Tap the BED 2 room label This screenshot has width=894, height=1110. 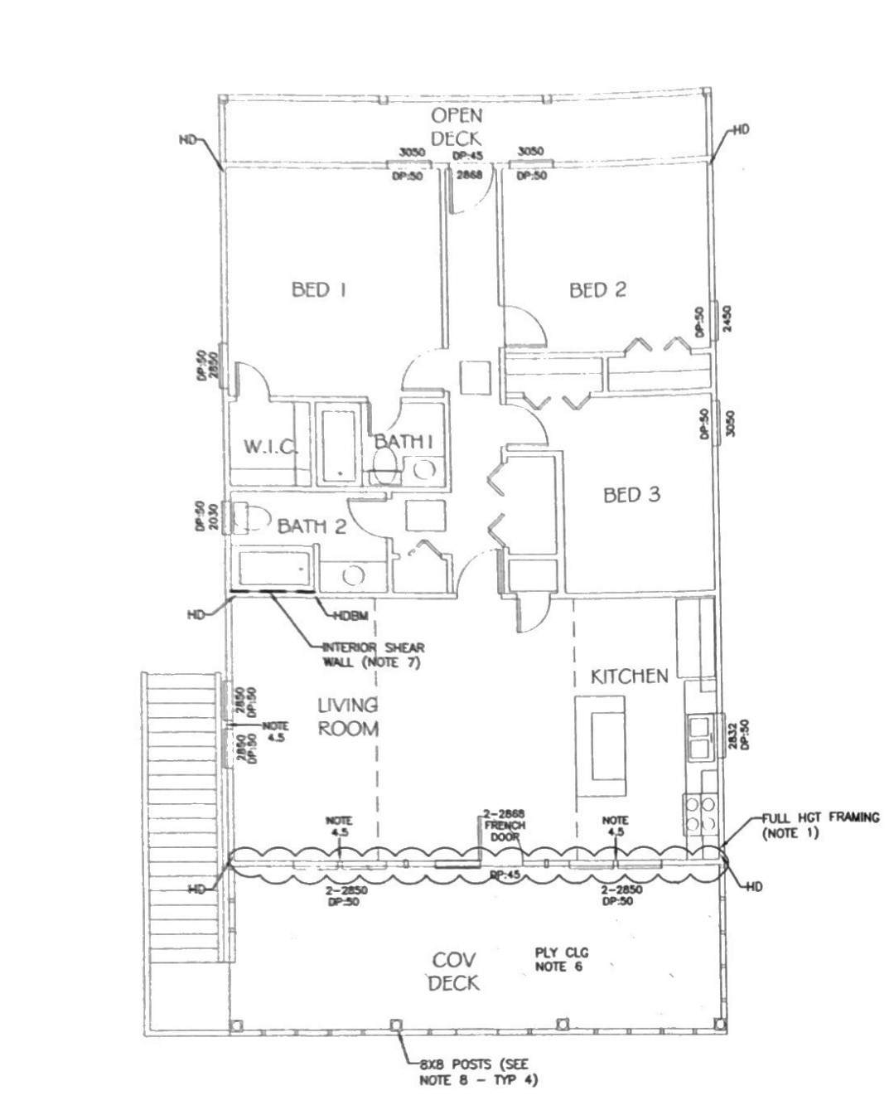pyautogui.click(x=597, y=289)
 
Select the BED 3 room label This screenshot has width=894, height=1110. pyautogui.click(x=631, y=495)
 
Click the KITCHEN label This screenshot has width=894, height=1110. pyautogui.click(x=629, y=676)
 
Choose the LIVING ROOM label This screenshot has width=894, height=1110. pyautogui.click(x=348, y=717)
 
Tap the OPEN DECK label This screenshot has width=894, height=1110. pyautogui.click(x=456, y=127)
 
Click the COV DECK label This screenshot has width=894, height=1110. pyautogui.click(x=454, y=971)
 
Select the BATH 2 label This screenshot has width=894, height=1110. pyautogui.click(x=312, y=526)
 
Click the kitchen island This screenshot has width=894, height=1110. pyautogui.click(x=602, y=745)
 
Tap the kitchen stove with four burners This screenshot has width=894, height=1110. pyautogui.click(x=700, y=813)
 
